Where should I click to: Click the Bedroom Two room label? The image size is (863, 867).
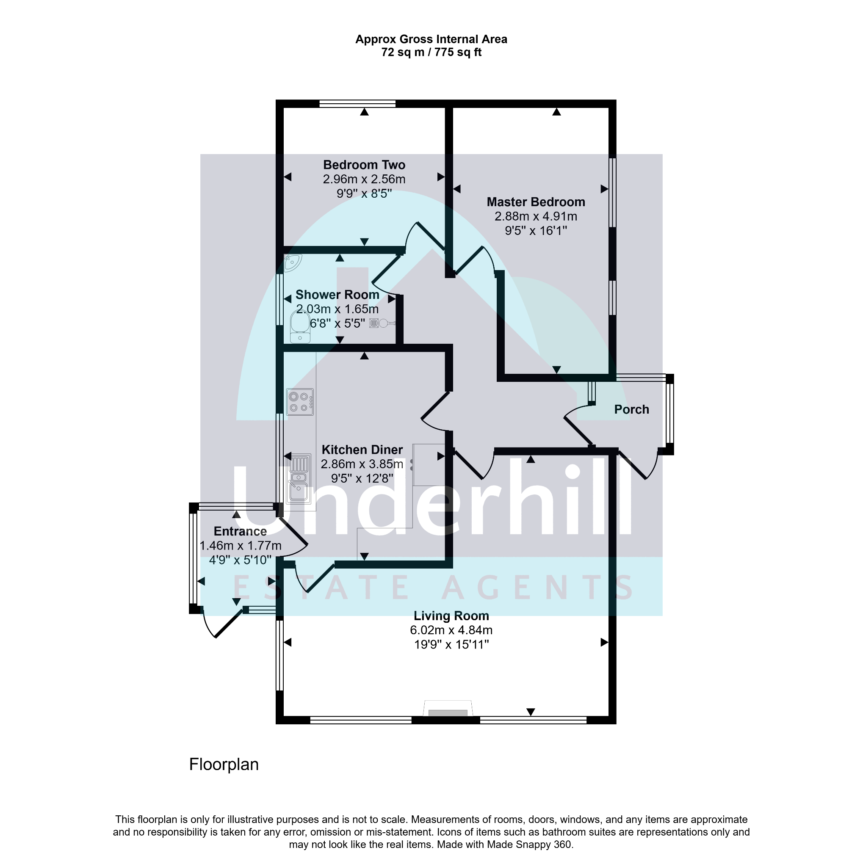click(364, 165)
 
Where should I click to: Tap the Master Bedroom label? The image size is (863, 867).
click(536, 202)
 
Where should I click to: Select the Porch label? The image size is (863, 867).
click(631, 409)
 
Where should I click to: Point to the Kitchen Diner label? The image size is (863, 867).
click(362, 450)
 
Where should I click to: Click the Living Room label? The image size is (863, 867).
click(451, 616)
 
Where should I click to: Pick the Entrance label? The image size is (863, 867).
click(240, 531)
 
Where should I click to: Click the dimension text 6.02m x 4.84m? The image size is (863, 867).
click(451, 630)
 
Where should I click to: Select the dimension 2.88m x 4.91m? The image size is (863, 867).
click(536, 216)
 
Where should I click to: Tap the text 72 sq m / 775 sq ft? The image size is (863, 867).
click(431, 52)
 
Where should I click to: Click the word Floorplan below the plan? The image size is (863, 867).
click(224, 765)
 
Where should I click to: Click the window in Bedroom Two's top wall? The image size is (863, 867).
click(357, 104)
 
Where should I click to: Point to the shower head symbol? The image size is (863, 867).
click(382, 323)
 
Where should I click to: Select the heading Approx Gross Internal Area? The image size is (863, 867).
click(431, 39)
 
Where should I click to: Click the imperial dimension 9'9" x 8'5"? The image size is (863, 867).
click(364, 193)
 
